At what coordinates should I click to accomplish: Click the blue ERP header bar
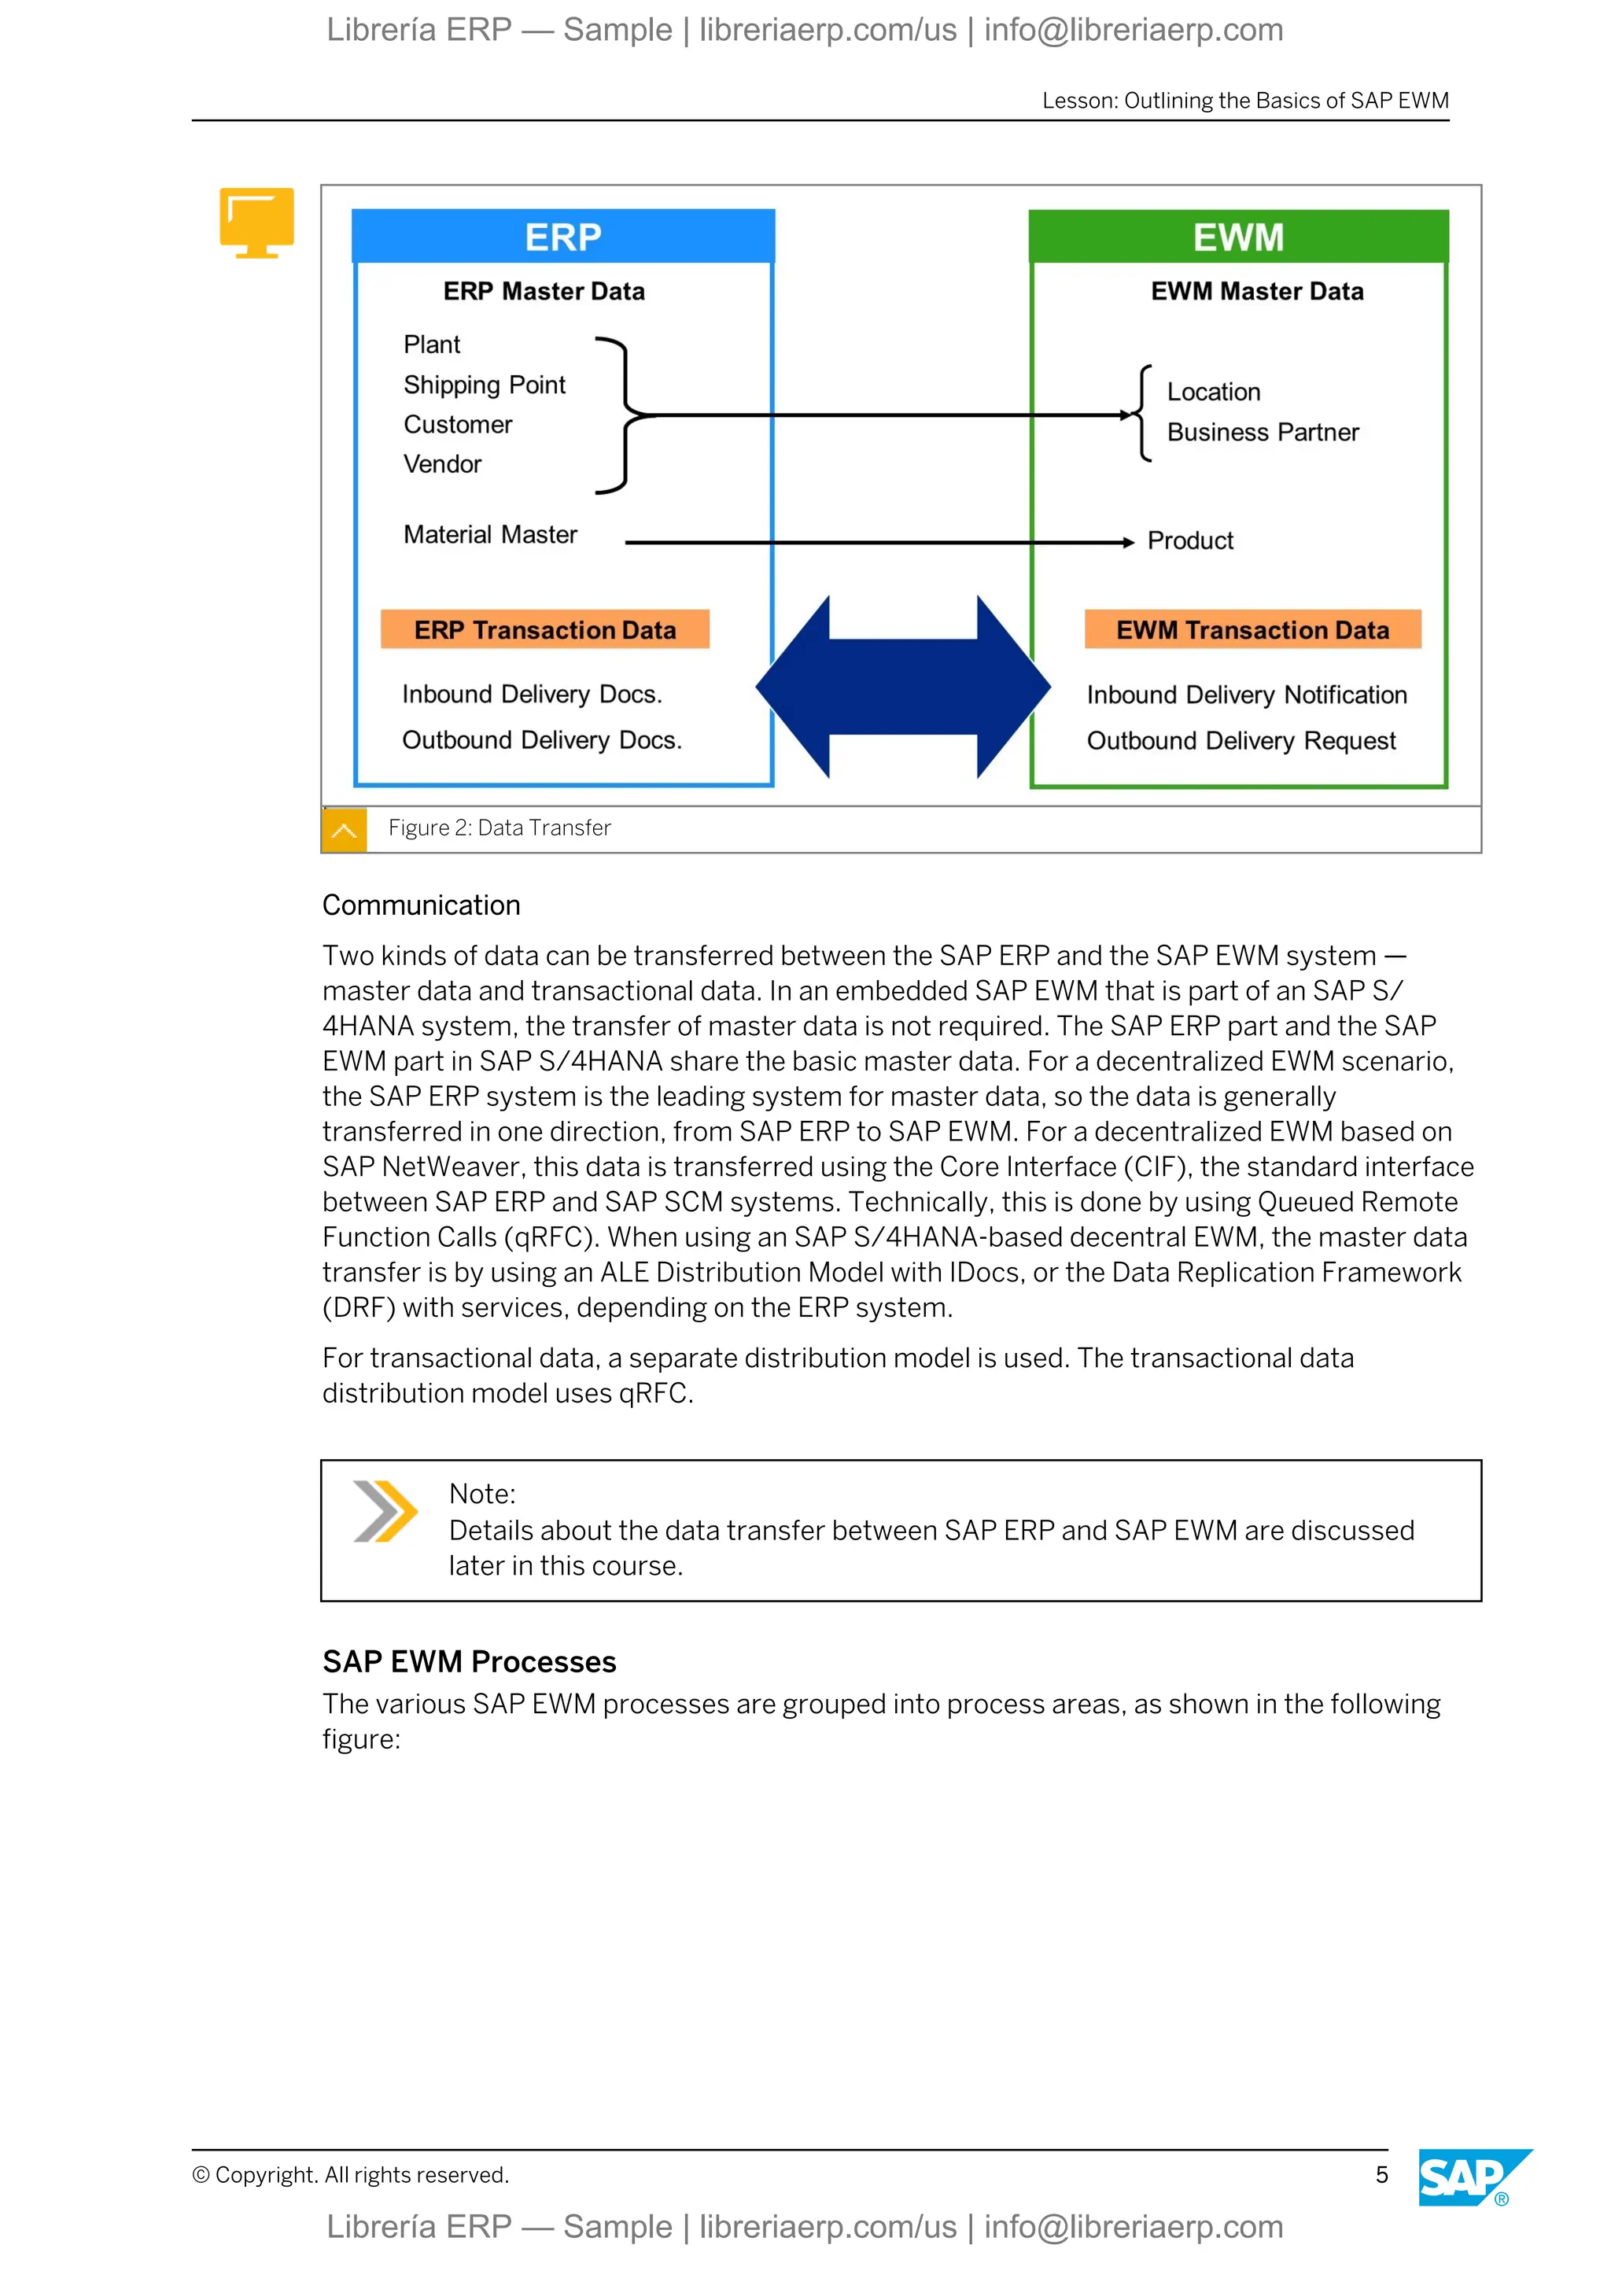(562, 237)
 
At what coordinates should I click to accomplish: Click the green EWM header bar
(1238, 237)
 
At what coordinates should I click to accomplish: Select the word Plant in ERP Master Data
(432, 345)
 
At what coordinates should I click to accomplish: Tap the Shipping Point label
(484, 385)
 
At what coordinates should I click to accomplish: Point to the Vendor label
(442, 464)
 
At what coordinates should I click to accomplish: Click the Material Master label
(490, 535)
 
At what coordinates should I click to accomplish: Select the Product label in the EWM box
(1190, 540)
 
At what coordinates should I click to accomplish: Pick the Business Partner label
(1263, 433)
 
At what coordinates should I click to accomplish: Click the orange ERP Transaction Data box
(544, 630)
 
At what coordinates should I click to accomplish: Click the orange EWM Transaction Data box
(1252, 630)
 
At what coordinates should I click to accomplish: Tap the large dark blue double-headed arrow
(903, 687)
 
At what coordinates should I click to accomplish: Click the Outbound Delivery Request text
(1241, 741)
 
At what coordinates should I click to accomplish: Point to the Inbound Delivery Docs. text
(532, 695)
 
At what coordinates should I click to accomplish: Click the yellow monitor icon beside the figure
(257, 221)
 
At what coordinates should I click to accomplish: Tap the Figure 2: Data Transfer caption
(499, 828)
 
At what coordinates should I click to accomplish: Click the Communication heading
(422, 905)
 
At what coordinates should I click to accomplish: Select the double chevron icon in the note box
(385, 1511)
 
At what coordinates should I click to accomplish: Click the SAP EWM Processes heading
(469, 1662)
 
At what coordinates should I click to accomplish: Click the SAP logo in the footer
(1471, 2178)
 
